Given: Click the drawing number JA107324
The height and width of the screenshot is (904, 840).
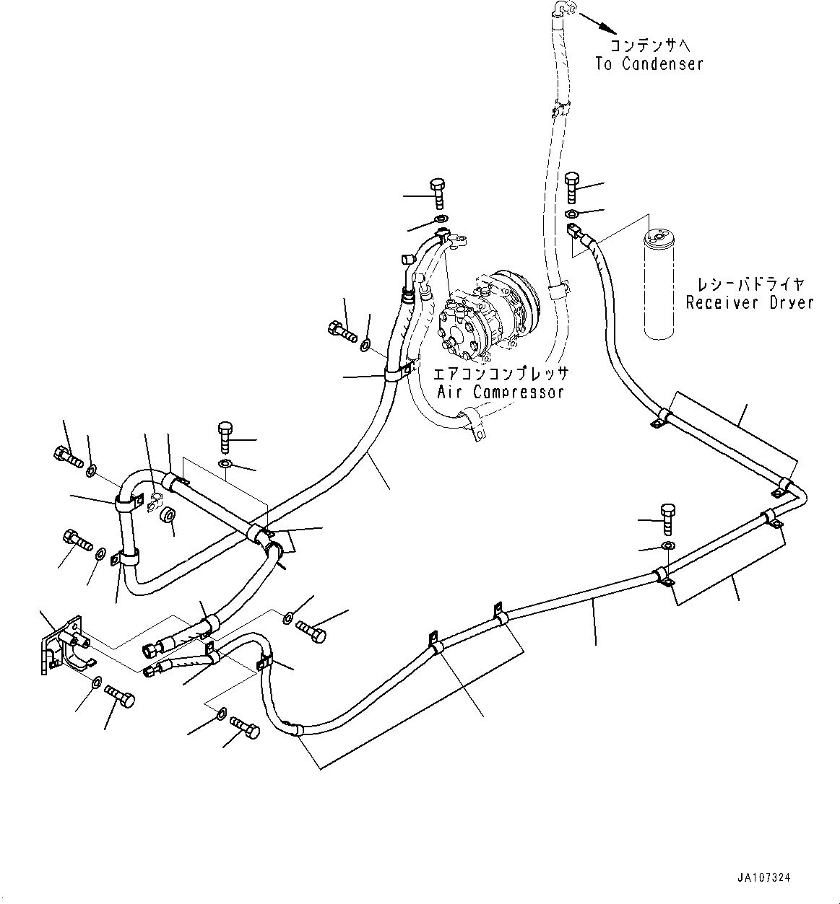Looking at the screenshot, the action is click(764, 878).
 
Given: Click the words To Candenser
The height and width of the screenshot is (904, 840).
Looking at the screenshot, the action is click(649, 64).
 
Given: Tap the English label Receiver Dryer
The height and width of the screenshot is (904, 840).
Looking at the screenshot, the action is click(750, 303).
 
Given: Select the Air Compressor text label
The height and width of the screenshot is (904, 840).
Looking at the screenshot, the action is click(501, 392).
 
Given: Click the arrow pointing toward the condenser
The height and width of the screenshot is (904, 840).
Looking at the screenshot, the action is click(598, 23).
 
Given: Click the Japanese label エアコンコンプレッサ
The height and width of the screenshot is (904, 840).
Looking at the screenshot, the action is click(501, 374).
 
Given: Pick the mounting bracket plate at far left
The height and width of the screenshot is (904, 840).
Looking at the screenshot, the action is click(61, 644).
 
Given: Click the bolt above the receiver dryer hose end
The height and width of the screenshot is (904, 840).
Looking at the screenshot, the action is click(572, 188).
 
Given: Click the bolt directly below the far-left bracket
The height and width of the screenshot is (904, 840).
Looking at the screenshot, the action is click(119, 696).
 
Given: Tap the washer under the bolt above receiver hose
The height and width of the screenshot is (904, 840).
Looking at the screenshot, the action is click(570, 213).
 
